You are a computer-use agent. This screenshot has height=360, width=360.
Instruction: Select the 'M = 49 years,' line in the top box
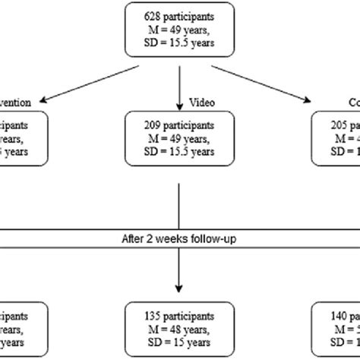[x=180, y=29]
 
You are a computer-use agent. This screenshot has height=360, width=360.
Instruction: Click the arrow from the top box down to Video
[x=180, y=84]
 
